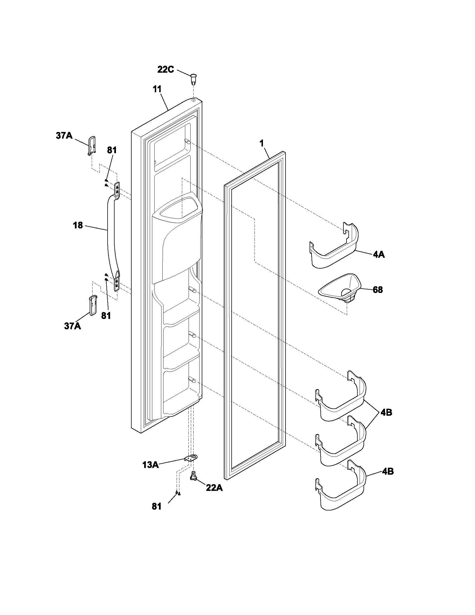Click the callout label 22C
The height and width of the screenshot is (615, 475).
[x=165, y=69]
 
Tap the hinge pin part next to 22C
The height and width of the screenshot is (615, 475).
[x=193, y=79]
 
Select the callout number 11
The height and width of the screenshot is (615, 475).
[x=157, y=89]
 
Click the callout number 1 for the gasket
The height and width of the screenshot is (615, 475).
[x=262, y=143]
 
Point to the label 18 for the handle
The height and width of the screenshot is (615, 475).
[x=78, y=225]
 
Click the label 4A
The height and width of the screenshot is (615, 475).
[x=379, y=255]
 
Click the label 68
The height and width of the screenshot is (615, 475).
[x=378, y=290]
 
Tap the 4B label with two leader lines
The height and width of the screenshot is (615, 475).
[x=386, y=412]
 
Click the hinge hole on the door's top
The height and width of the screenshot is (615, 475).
[x=194, y=100]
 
